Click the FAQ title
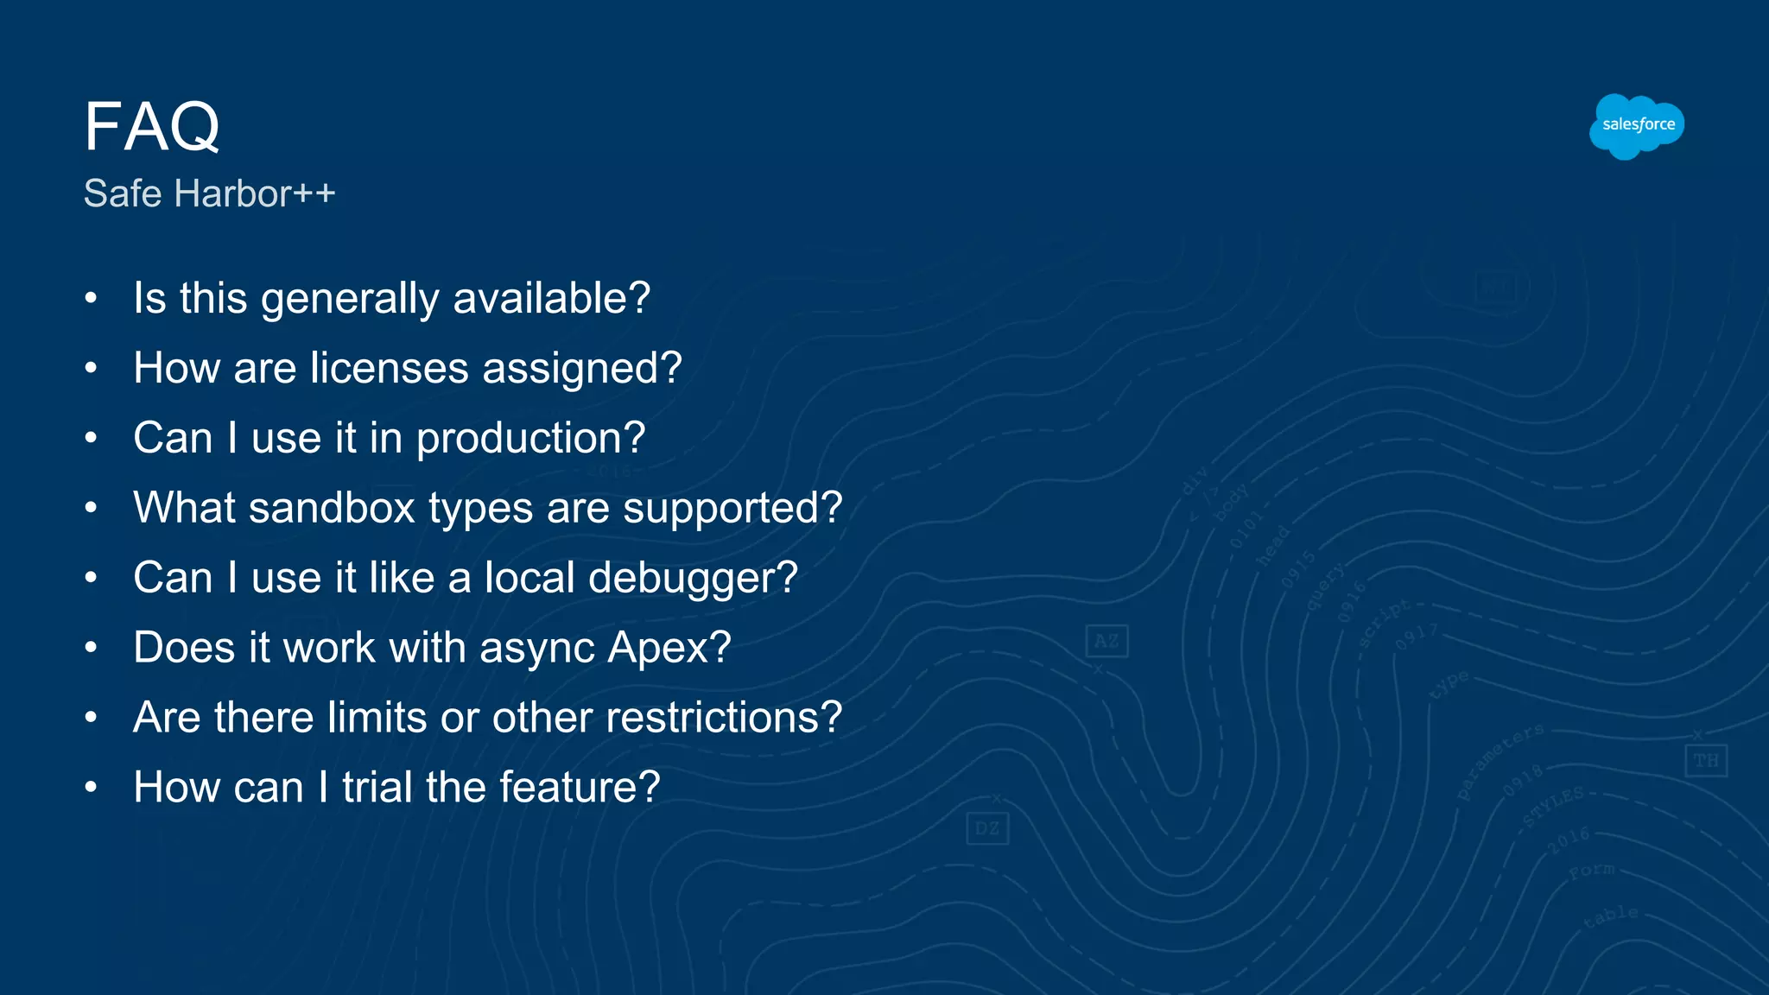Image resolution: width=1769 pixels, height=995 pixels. (x=152, y=127)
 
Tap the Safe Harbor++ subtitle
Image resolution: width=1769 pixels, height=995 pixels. (x=209, y=193)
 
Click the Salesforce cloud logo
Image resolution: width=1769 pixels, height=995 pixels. (x=1637, y=126)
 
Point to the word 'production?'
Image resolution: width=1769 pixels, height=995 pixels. (x=530, y=439)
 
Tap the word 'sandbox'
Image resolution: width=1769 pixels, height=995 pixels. (x=332, y=508)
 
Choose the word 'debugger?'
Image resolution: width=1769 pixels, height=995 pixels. (x=693, y=578)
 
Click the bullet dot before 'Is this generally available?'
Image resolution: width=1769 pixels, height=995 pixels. (x=91, y=299)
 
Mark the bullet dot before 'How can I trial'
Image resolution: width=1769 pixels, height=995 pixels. (x=91, y=788)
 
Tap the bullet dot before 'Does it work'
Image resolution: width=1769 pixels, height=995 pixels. (x=91, y=648)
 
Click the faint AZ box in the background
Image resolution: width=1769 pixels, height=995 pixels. (x=1106, y=641)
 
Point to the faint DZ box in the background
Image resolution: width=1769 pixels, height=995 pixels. (x=987, y=829)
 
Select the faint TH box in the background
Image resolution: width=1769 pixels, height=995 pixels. (x=1706, y=761)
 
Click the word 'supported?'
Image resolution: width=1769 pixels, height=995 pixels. (x=732, y=508)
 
